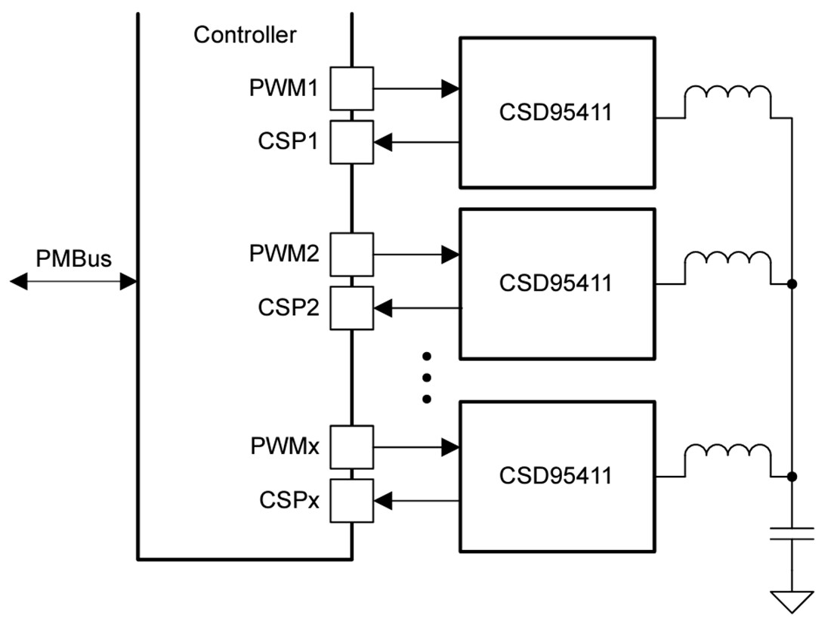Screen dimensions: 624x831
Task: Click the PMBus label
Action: click(73, 259)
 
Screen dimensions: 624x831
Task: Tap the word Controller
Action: click(245, 35)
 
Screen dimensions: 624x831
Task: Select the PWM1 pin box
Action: click(351, 88)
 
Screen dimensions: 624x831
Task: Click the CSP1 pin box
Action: click(351, 141)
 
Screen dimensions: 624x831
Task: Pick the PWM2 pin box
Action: click(351, 255)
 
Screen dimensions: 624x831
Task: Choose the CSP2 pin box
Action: click(351, 307)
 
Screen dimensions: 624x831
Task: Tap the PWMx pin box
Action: click(351, 447)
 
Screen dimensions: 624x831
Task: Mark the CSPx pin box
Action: click(351, 500)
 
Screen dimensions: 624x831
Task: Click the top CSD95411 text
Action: click(555, 111)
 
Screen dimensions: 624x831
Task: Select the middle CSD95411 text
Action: click(555, 283)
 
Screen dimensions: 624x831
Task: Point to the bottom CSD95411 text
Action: click(555, 476)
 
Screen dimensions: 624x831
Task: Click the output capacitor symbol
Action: click(791, 534)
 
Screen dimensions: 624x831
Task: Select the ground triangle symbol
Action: click(791, 601)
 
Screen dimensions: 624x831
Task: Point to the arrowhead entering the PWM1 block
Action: click(451, 88)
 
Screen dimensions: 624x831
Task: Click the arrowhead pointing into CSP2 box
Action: click(383, 307)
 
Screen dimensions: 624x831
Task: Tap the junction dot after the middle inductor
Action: click(791, 284)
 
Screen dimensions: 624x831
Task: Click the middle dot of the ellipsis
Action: click(426, 377)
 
